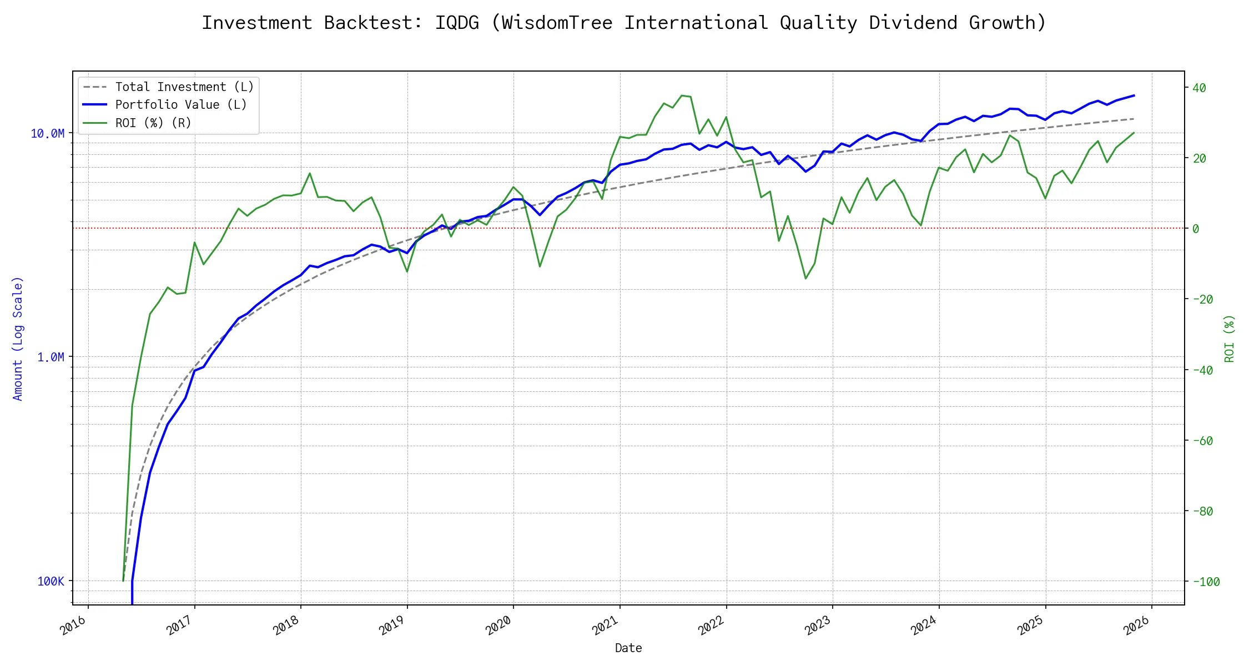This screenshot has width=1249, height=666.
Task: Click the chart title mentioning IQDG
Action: click(x=623, y=23)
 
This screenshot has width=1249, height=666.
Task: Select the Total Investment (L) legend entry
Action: click(x=184, y=87)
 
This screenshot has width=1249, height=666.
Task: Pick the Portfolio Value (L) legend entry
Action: click(x=181, y=105)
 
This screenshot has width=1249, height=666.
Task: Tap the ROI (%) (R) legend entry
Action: click(x=153, y=123)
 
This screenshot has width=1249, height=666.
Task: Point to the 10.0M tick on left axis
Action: click(x=48, y=134)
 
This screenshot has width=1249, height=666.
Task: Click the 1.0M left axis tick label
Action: click(x=51, y=357)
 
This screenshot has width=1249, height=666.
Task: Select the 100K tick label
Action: click(x=51, y=581)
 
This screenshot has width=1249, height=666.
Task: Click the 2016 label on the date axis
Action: click(x=74, y=625)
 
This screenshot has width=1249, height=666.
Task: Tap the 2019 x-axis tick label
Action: click(x=392, y=625)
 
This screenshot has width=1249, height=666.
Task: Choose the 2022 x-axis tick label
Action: click(x=712, y=625)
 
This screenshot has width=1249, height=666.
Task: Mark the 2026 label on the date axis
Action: click(x=1137, y=625)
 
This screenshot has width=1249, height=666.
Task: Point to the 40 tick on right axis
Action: click(x=1199, y=88)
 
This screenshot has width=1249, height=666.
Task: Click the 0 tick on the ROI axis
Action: click(x=1196, y=229)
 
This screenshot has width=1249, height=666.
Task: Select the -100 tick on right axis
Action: click(x=1206, y=582)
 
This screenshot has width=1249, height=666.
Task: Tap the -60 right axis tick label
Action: click(x=1203, y=441)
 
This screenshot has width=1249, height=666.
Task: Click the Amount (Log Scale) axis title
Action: click(x=18, y=339)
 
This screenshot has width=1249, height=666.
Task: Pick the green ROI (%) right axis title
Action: click(x=1230, y=339)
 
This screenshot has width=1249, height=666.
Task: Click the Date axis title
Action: click(x=628, y=648)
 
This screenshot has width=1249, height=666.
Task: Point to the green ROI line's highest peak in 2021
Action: click(x=682, y=95)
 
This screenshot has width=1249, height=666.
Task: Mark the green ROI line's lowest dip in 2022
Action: click(x=806, y=278)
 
